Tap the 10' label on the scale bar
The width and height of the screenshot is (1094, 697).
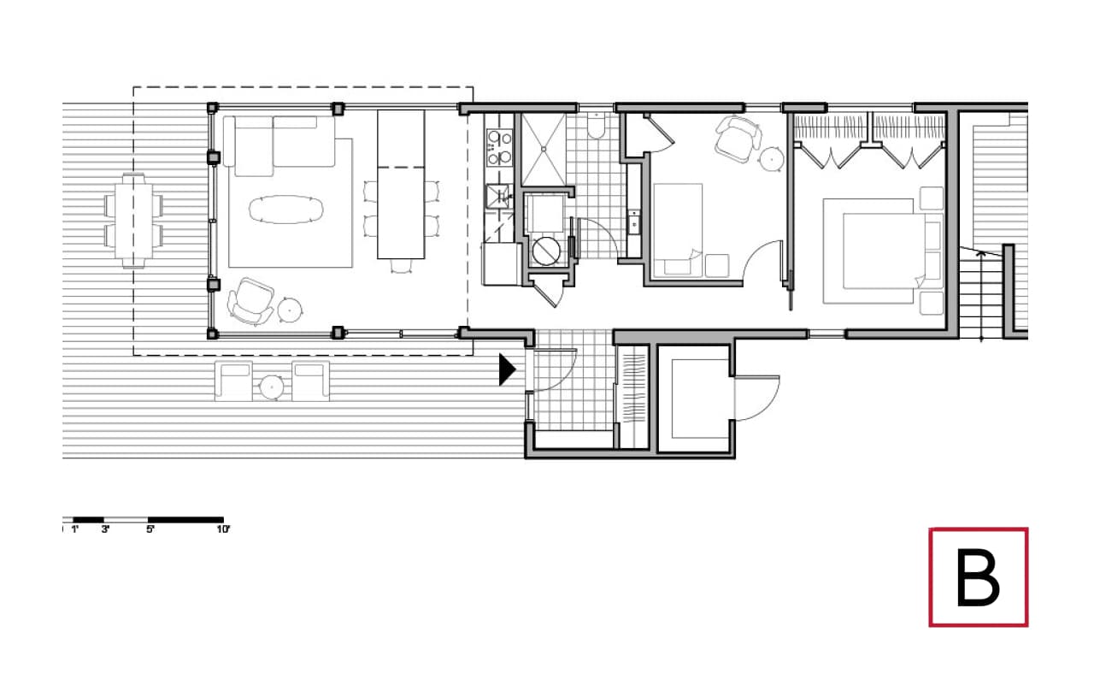point(223,530)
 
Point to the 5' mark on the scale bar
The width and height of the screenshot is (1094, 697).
point(150,530)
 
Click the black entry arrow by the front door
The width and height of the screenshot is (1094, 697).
point(508,369)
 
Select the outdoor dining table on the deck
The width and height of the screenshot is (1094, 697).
point(132,221)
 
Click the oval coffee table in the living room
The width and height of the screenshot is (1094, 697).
point(286,210)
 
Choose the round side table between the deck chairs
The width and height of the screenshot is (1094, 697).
point(272,387)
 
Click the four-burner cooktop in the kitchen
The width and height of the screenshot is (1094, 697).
point(498,147)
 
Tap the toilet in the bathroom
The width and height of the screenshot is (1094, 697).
point(597,127)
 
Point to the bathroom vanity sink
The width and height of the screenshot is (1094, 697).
point(634,224)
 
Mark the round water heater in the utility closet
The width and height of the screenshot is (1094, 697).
point(544,251)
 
